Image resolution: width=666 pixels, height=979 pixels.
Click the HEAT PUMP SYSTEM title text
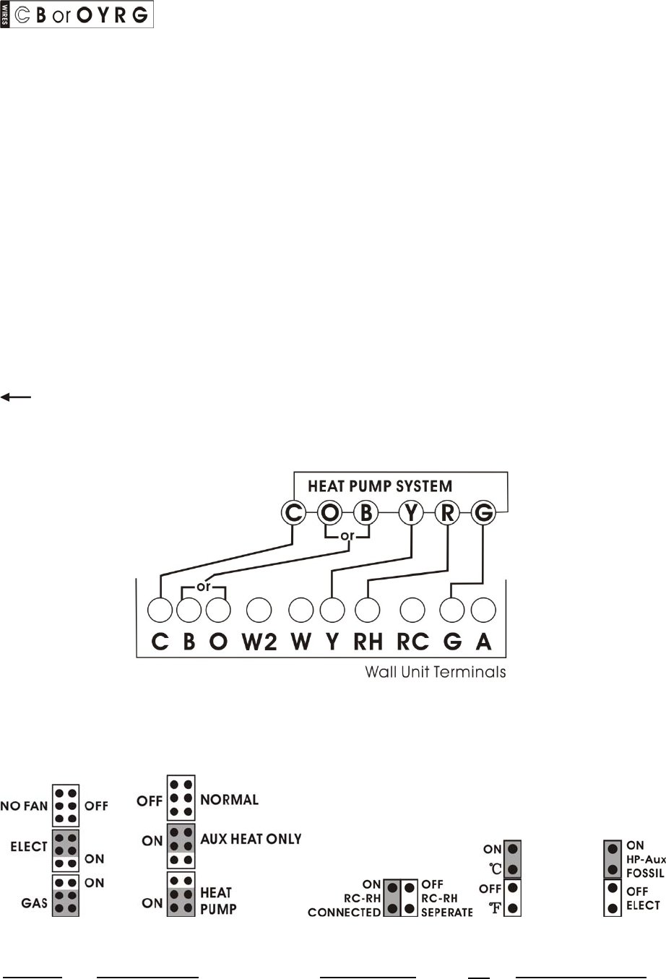click(x=380, y=486)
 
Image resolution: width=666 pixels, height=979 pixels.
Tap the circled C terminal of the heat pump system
click(x=293, y=513)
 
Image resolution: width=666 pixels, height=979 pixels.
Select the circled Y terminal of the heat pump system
click(x=412, y=513)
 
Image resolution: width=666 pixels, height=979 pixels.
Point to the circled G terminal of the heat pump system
click(x=483, y=513)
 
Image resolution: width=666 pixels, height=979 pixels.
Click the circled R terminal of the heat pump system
click(x=448, y=513)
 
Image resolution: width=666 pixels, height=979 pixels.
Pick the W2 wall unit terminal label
click(x=259, y=642)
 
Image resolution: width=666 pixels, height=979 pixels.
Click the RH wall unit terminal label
click(x=368, y=642)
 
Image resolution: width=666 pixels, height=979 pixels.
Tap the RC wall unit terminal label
click(x=412, y=642)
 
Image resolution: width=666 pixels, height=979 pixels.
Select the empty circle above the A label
click(x=483, y=611)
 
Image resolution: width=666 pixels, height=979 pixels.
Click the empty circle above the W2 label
click(x=259, y=611)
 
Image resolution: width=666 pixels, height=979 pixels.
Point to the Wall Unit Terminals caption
click(x=435, y=672)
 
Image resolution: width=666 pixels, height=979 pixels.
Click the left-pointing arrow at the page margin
click(x=15, y=397)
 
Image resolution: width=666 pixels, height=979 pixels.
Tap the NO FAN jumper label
click(x=24, y=806)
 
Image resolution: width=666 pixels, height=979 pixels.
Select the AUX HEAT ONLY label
click(x=251, y=840)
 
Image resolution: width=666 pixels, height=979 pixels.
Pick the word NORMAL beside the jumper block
click(x=229, y=800)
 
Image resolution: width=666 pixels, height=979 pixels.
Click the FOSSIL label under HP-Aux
click(x=645, y=873)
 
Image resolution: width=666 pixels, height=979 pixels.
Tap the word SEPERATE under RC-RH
click(x=446, y=913)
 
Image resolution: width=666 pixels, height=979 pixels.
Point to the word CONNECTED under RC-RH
click(x=344, y=913)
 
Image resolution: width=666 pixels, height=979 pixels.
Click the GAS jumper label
click(x=34, y=903)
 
